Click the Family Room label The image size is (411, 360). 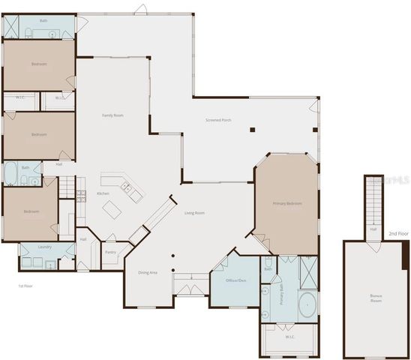tap(112, 115)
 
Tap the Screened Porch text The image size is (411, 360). tap(218, 120)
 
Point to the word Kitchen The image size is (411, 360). tap(103, 193)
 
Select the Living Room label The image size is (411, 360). tap(195, 213)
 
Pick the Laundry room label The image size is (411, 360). tap(34, 247)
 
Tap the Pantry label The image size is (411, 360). tap(110, 253)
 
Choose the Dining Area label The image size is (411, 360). tap(148, 272)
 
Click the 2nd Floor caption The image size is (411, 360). tap(398, 234)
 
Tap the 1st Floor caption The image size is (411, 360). tap(26, 286)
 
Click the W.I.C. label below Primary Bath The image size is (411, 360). tap(290, 337)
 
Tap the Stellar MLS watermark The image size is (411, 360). tap(392, 181)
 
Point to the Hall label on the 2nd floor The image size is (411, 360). tap(373, 229)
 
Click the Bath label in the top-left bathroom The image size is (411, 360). tap(43, 20)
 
